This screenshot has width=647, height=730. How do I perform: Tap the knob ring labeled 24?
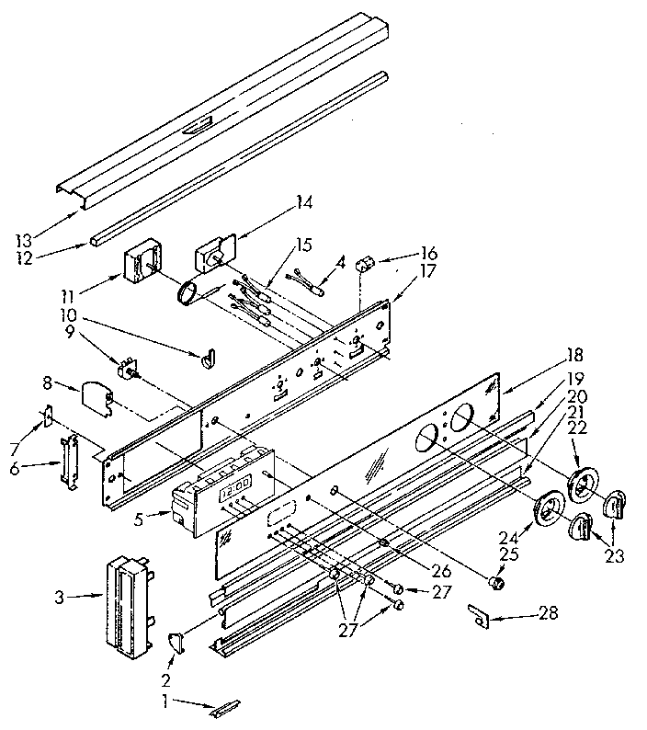pos(550,508)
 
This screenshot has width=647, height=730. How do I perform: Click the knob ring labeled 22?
pos(582,485)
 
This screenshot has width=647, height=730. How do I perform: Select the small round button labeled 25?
pos(497,583)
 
